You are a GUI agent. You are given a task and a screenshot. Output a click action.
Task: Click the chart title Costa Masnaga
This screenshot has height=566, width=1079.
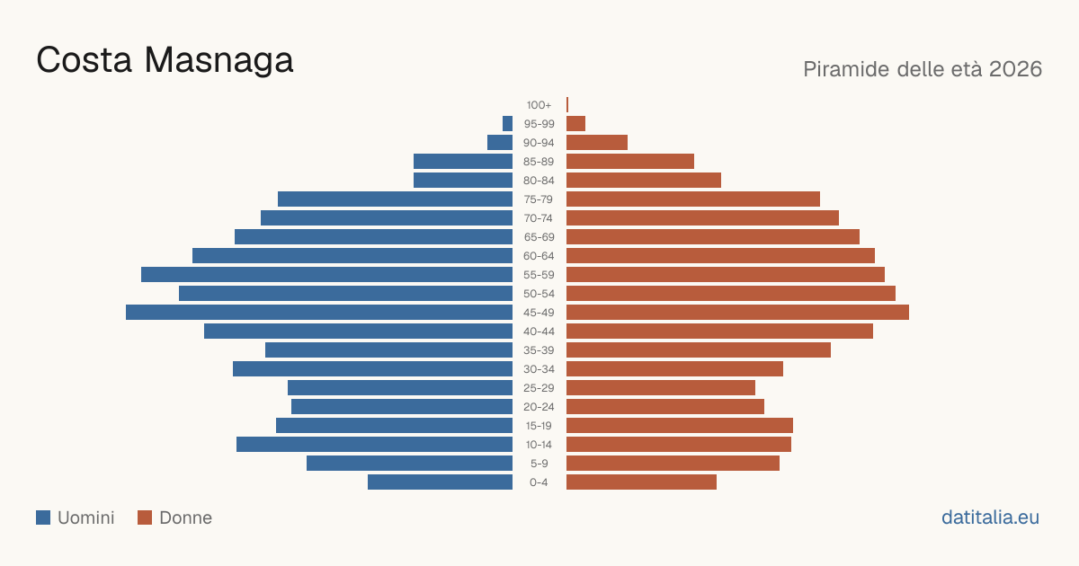click(x=165, y=60)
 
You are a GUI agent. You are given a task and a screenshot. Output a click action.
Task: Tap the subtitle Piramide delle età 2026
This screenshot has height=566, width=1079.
click(x=923, y=69)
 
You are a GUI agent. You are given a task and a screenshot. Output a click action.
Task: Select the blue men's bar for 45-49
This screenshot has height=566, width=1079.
click(x=319, y=313)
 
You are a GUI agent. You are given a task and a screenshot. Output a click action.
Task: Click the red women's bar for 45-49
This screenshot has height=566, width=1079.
click(x=737, y=313)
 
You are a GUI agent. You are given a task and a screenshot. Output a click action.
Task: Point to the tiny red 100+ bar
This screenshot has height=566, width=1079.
click(x=567, y=104)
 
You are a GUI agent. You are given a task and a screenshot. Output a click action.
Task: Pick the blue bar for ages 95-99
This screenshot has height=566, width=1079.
click(x=507, y=124)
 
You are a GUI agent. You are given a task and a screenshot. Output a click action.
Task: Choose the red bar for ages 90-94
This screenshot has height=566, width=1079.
click(x=597, y=143)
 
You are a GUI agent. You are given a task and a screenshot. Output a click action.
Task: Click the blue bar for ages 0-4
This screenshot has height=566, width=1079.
click(x=440, y=482)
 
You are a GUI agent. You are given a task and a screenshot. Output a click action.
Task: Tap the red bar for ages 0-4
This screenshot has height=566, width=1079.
click(x=641, y=482)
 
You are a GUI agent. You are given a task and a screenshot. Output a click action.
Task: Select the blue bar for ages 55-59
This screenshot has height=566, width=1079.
click(x=326, y=274)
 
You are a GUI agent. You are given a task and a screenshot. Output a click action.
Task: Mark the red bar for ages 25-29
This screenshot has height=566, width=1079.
click(x=660, y=388)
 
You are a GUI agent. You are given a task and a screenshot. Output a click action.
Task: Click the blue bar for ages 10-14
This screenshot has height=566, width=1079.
click(x=374, y=444)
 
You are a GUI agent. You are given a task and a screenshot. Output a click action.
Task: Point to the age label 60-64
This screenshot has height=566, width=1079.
click(x=539, y=256)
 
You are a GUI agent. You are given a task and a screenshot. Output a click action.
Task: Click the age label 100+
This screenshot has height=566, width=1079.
click(x=539, y=105)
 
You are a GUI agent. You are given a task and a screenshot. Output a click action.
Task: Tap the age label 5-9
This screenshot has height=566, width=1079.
click(x=539, y=464)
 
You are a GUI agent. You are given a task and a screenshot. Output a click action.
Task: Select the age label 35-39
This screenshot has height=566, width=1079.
click(x=539, y=350)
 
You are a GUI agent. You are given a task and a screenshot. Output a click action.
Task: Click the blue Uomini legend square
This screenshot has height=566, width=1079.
click(x=43, y=517)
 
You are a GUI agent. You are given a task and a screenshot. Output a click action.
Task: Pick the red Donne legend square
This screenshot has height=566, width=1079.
click(x=145, y=517)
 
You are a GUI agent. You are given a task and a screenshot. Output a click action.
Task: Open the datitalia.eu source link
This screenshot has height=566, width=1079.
click(x=990, y=517)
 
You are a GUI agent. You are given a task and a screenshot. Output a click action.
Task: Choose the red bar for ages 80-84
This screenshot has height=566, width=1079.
click(x=644, y=180)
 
